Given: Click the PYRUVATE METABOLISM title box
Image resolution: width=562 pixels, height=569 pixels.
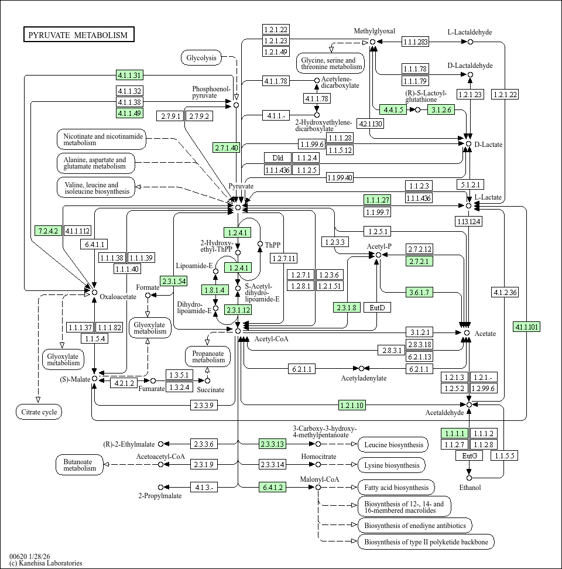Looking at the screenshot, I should (78, 35).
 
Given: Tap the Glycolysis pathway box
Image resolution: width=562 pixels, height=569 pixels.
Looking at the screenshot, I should (201, 57).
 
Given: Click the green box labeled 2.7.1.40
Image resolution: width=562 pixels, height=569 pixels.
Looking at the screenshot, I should (226, 148).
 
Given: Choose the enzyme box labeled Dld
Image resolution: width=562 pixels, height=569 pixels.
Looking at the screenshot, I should (277, 157).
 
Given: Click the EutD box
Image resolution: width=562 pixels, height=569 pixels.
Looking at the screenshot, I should (377, 307).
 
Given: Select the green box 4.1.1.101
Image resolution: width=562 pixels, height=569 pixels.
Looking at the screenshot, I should (527, 327).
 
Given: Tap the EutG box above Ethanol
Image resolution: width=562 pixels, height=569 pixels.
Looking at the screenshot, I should (469, 455).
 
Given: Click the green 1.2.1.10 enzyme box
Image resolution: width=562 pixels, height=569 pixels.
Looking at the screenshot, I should (352, 405).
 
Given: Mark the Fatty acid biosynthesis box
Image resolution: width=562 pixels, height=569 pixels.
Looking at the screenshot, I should (396, 487).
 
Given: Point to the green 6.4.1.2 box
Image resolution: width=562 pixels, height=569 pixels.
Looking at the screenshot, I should (273, 487).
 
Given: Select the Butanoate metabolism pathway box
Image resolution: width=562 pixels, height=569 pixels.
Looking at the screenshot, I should (80, 465).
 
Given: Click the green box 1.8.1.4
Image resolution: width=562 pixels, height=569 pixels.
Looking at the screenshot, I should (214, 289).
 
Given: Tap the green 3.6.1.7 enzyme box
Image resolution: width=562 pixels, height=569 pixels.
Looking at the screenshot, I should (419, 292).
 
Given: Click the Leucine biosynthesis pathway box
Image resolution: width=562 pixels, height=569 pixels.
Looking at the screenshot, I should (393, 445).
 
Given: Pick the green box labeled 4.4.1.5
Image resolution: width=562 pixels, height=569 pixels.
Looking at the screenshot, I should (393, 109).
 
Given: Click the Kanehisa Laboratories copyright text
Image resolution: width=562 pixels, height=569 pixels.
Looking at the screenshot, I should (46, 563).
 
